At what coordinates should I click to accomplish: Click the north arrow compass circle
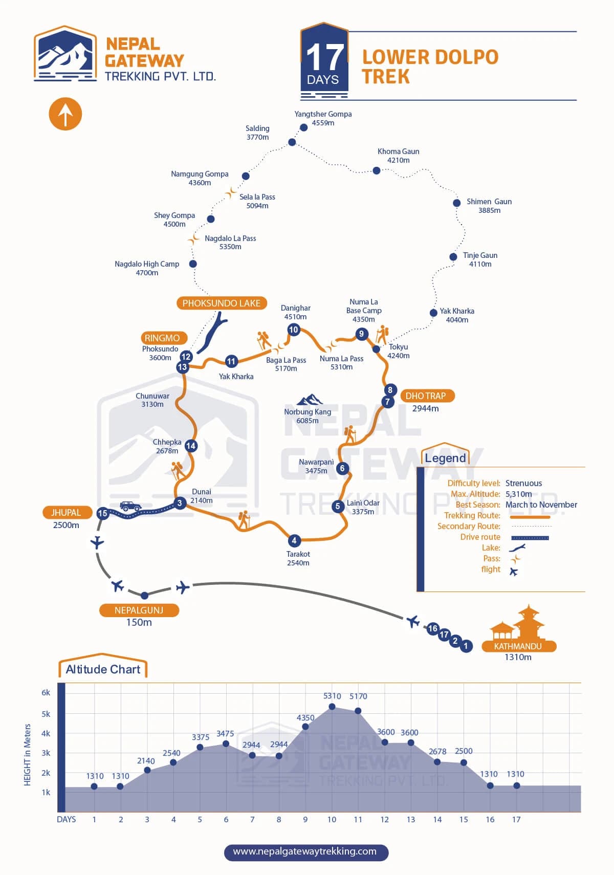pyautogui.click(x=65, y=114)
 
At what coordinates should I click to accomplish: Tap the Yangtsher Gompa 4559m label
pyautogui.click(x=323, y=118)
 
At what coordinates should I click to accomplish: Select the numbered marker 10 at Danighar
pyautogui.click(x=293, y=330)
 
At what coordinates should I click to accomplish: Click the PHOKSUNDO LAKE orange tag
pyautogui.click(x=222, y=303)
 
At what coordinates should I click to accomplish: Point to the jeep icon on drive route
pyautogui.click(x=130, y=506)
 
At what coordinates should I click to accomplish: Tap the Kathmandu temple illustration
pyautogui.click(x=518, y=623)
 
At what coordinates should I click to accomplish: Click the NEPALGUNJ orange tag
pyautogui.click(x=139, y=610)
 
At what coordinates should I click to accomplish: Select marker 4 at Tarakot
pyautogui.click(x=294, y=540)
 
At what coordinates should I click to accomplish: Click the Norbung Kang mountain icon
pyautogui.click(x=310, y=399)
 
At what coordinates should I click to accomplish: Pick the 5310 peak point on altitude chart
pyautogui.click(x=332, y=707)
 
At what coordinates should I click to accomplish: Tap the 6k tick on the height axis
pyautogui.click(x=46, y=692)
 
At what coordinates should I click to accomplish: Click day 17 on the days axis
pyautogui.click(x=516, y=819)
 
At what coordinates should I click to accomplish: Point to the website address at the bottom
pyautogui.click(x=305, y=851)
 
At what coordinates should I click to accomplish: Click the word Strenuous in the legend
pyautogui.click(x=523, y=483)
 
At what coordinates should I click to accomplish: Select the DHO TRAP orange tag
pyautogui.click(x=426, y=396)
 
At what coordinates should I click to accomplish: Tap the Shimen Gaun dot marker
pyautogui.click(x=456, y=203)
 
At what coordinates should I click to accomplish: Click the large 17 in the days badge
pyautogui.click(x=324, y=57)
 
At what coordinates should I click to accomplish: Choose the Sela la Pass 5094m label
pyautogui.click(x=257, y=201)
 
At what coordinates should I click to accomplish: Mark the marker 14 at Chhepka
pyautogui.click(x=191, y=446)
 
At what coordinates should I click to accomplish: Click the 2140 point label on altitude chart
pyautogui.click(x=146, y=761)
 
